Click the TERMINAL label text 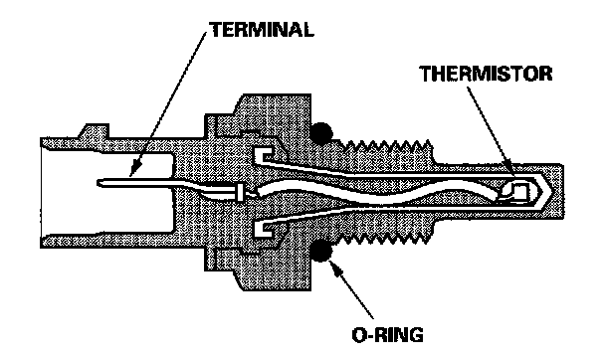(x=262, y=30)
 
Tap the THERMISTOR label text (x=486, y=74)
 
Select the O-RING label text (x=387, y=334)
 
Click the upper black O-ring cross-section (x=320, y=133)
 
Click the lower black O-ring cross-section (x=320, y=251)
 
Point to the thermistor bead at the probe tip (x=515, y=192)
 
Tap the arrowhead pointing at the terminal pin (x=134, y=170)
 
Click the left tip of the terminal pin (x=98, y=182)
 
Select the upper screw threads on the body (x=387, y=145)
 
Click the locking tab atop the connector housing (x=94, y=130)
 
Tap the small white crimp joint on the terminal (x=240, y=192)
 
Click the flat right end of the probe (x=562, y=192)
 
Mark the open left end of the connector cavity (x=41, y=192)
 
